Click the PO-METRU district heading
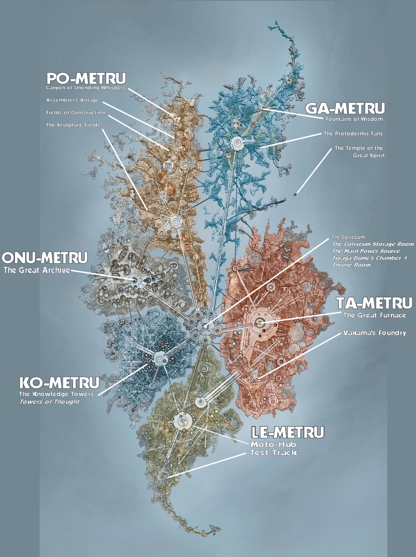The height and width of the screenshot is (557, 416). pos(86,78)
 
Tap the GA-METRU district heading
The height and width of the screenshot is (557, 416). pos(345,109)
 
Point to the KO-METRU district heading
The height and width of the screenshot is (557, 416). pos(59,382)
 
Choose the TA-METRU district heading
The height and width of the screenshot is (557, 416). pos(374,303)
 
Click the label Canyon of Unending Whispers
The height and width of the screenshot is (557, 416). pos(85,87)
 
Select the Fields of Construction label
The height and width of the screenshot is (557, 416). pos(76,112)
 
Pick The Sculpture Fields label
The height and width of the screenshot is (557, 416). pos(72,125)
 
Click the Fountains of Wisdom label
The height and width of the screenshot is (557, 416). pos(354,119)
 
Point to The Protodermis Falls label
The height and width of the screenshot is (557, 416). pos(353,134)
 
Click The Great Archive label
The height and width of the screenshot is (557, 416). pos(37,270)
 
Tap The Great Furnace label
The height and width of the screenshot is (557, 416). pos(374,315)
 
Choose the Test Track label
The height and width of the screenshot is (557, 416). pos(273,452)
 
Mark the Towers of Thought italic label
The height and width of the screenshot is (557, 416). pos(49,401)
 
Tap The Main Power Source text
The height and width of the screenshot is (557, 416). pos(366,251)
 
